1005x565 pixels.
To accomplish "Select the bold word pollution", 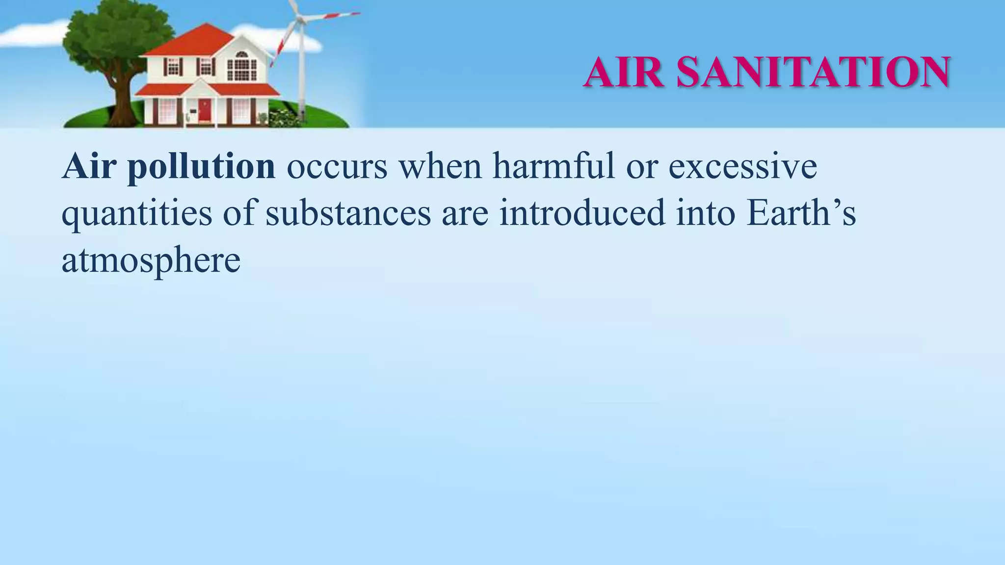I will [x=201, y=167].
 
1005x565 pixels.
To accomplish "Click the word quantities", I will [x=137, y=214].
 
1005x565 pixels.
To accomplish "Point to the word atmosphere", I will [x=151, y=260].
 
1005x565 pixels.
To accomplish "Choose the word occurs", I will [x=337, y=167].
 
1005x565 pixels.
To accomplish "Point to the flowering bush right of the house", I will [x=282, y=118].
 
